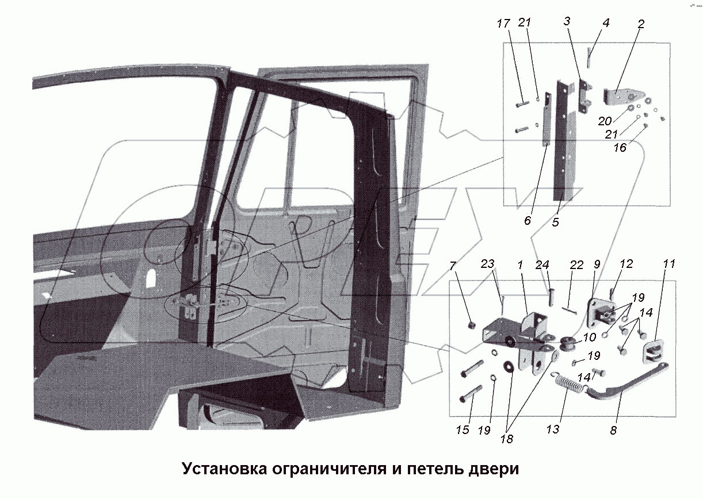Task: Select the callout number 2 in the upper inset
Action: [641, 24]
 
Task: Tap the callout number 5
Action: [555, 222]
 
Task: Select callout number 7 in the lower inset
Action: [453, 266]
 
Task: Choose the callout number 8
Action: [613, 429]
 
